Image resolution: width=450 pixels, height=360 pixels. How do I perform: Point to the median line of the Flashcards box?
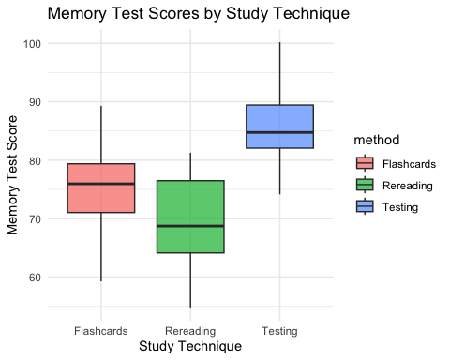101,184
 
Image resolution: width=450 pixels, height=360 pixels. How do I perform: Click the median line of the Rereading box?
190,226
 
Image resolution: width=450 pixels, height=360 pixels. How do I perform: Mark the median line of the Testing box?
279,132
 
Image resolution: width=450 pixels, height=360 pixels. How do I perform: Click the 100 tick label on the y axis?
34,43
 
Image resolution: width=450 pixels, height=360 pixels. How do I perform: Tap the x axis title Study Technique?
190,346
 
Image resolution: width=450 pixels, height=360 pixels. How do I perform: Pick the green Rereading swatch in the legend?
365,184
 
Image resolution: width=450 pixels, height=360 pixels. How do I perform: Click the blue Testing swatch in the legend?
365,205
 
